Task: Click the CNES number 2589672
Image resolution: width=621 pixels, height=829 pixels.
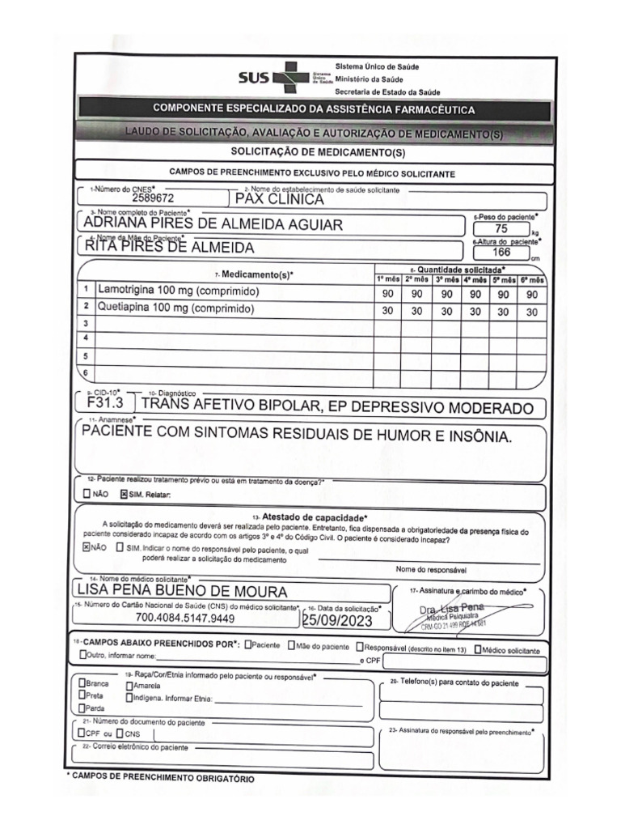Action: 153,197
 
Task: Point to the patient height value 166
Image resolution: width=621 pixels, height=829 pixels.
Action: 500,252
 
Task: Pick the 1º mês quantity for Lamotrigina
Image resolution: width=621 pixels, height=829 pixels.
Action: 387,295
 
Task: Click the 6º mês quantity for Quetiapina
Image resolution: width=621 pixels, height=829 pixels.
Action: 532,311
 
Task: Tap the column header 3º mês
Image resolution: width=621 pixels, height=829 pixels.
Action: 446,278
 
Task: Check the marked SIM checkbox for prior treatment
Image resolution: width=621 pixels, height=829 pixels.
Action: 124,495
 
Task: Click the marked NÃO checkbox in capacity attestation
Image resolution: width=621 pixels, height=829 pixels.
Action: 87,547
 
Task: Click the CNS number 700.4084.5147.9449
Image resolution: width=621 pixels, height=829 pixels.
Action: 186,619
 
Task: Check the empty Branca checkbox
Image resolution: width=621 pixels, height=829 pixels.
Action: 82,683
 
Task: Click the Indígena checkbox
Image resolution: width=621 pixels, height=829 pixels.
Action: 129,696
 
